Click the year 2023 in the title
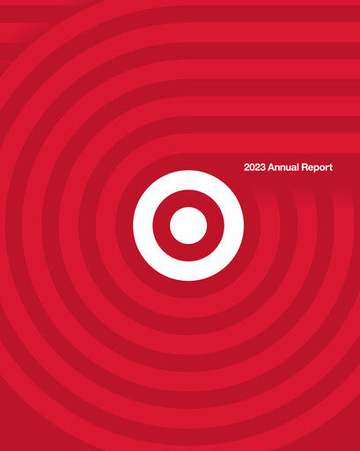tap(255, 166)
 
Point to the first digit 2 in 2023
tap(247, 166)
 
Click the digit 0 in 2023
tap(253, 166)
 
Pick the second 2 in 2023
tap(258, 166)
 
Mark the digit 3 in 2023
tap(263, 166)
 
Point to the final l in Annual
tap(298, 166)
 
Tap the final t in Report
tap(331, 166)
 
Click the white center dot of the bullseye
tap(187, 225)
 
